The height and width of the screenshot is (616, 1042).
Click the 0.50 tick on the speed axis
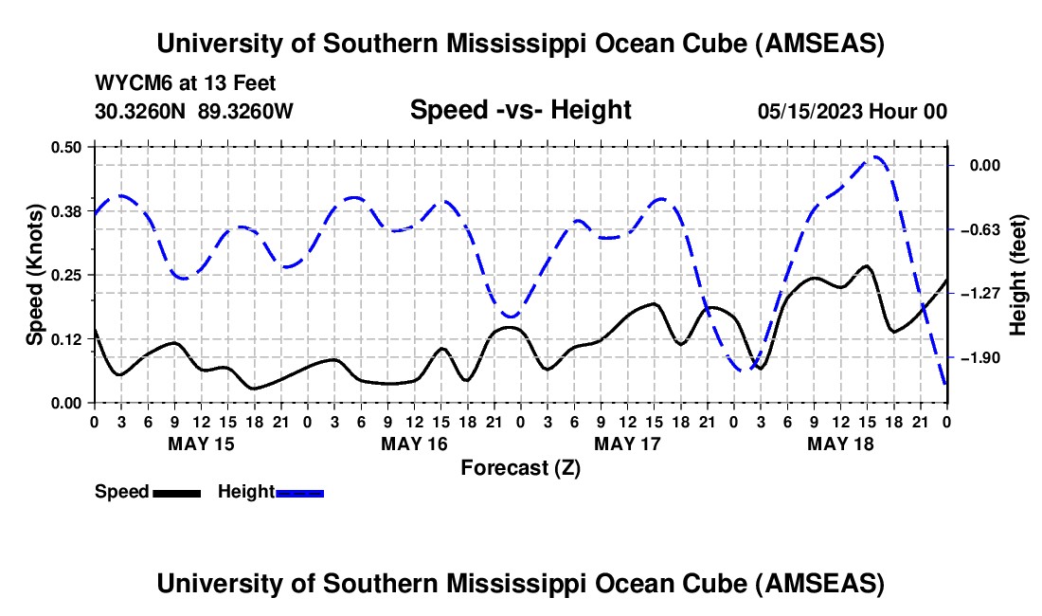(69, 147)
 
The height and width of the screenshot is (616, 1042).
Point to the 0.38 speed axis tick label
(69, 210)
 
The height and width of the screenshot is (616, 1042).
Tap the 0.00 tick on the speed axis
(69, 403)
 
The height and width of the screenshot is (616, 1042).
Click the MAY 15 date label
(201, 444)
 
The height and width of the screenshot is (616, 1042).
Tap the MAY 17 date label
(627, 444)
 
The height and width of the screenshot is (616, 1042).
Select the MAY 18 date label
(840, 444)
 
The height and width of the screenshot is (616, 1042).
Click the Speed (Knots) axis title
(34, 275)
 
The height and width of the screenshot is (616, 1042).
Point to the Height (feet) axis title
(1018, 275)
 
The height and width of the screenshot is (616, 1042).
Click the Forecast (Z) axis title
(520, 467)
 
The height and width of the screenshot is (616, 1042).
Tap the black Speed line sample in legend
(177, 492)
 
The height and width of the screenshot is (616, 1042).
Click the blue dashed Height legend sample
(300, 492)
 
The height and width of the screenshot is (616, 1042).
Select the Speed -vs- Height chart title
(520, 110)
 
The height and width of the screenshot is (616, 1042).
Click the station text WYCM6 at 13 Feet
(186, 83)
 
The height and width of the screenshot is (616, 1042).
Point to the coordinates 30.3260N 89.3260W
(194, 111)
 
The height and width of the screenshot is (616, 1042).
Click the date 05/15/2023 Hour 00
(853, 111)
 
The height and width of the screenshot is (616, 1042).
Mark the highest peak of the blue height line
(875, 157)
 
